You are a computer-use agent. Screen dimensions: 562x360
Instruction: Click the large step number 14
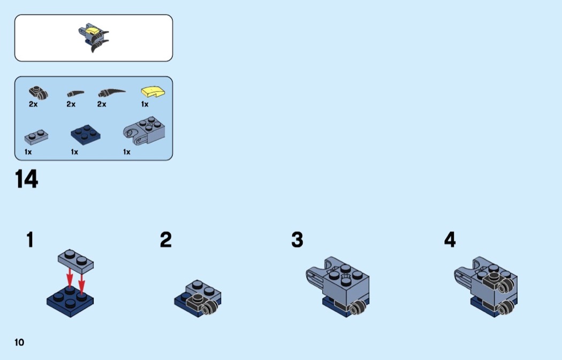pyautogui.click(x=27, y=179)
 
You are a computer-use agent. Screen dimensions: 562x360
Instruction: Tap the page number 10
pyautogui.click(x=19, y=342)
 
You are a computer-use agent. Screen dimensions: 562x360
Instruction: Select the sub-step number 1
pyautogui.click(x=30, y=240)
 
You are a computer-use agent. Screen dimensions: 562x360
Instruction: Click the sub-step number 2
pyautogui.click(x=165, y=240)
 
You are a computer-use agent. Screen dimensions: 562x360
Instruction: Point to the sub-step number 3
pyautogui.click(x=297, y=240)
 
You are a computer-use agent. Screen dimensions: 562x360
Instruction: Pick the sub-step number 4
pyautogui.click(x=450, y=240)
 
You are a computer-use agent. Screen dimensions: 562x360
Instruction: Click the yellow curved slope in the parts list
pyautogui.click(x=153, y=91)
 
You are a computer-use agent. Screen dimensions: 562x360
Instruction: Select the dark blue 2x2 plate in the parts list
pyautogui.click(x=85, y=135)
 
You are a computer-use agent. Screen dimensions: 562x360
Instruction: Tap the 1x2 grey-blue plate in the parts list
pyautogui.click(x=36, y=137)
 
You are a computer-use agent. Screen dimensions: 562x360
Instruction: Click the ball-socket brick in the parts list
pyautogui.click(x=145, y=132)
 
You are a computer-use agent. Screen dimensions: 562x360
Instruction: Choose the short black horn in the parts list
pyautogui.click(x=75, y=94)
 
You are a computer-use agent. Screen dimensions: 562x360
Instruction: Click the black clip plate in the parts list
pyautogui.click(x=39, y=93)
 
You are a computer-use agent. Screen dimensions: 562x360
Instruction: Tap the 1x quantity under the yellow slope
pyautogui.click(x=145, y=104)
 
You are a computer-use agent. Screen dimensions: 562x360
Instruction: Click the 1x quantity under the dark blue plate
pyautogui.click(x=74, y=152)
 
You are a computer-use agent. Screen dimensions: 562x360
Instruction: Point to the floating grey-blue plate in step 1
pyautogui.click(x=75, y=260)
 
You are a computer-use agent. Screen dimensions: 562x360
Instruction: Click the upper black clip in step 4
pyautogui.click(x=499, y=281)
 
